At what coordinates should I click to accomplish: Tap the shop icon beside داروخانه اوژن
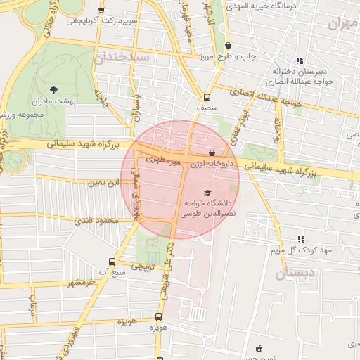(x=212, y=153)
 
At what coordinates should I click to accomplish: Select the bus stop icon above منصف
(x=207, y=98)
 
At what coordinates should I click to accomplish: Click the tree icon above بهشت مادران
(x=54, y=89)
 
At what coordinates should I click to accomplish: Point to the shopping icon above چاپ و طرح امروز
(x=228, y=45)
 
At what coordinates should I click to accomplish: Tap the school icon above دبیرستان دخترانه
(x=300, y=60)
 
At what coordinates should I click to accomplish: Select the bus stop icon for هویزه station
(x=158, y=317)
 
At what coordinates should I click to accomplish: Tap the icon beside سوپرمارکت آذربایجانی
(x=102, y=11)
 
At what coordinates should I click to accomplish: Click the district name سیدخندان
(x=124, y=57)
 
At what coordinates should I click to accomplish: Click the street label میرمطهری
(x=163, y=162)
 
